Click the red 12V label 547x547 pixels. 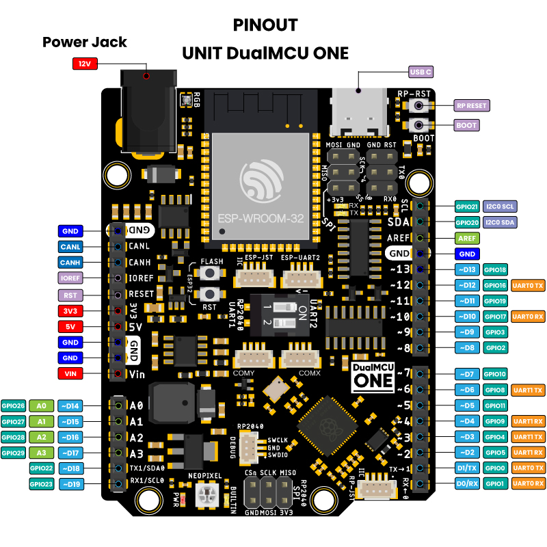(84, 64)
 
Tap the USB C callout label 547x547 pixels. (421, 71)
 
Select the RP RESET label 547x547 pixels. (472, 106)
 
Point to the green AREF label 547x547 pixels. (468, 239)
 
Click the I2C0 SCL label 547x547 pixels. (500, 206)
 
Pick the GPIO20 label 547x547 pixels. (468, 222)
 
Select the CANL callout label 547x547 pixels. (70, 246)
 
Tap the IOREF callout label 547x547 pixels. (70, 278)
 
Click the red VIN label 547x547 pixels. (70, 374)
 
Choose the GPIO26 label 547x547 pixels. (14, 405)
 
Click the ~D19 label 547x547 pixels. (70, 484)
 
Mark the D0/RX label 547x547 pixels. (467, 484)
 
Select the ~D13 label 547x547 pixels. (468, 270)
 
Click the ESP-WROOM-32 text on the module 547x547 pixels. (260, 221)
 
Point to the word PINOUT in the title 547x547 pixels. (265, 26)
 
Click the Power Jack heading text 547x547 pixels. (85, 42)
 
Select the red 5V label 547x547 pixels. (70, 326)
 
